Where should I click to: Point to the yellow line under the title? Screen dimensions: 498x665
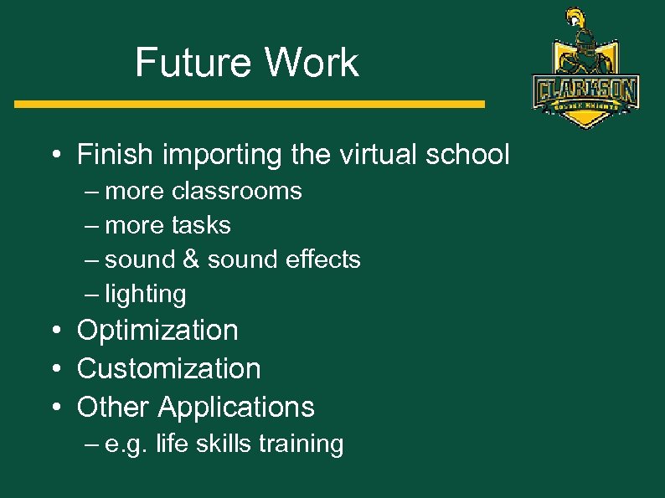pos(250,105)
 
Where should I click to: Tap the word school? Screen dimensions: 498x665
pos(468,155)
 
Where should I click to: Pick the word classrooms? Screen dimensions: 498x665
pos(237,192)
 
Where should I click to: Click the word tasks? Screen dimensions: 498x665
pos(200,225)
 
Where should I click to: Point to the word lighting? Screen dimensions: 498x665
pos(146,295)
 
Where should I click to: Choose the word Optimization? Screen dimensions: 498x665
pos(157,331)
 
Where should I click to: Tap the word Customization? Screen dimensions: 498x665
pos(168,368)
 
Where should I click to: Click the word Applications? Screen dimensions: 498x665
pos(236,407)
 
